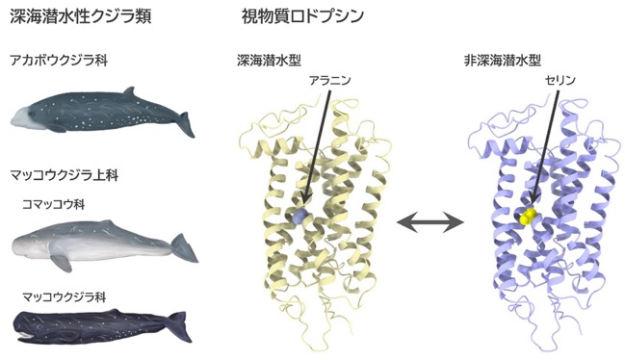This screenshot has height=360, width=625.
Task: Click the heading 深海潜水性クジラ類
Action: click(80, 16)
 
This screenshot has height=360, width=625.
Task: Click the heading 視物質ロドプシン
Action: click(302, 16)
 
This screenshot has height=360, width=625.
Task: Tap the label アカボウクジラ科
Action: click(59, 61)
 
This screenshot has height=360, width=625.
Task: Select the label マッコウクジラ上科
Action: click(65, 175)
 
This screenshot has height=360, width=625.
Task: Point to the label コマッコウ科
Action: click(54, 204)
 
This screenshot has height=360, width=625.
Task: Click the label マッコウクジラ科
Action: click(65, 297)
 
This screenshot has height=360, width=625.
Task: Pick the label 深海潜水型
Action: click(269, 61)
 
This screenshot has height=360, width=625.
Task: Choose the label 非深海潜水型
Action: click(503, 61)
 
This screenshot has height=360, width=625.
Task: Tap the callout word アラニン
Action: click(330, 81)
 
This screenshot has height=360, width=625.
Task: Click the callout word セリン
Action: click(560, 81)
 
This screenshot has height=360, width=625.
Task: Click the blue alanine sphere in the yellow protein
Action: click(300, 216)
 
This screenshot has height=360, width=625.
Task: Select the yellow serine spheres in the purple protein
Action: click(529, 217)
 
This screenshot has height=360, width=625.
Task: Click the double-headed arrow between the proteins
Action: click(430, 222)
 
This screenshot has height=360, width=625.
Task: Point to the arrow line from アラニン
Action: click(317, 147)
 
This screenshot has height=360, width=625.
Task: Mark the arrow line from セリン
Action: click(545, 146)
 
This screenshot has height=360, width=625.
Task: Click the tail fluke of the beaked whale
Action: click(186, 124)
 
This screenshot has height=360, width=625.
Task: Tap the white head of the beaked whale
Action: click(20, 117)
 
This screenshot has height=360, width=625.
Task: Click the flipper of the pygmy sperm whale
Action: click(62, 263)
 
